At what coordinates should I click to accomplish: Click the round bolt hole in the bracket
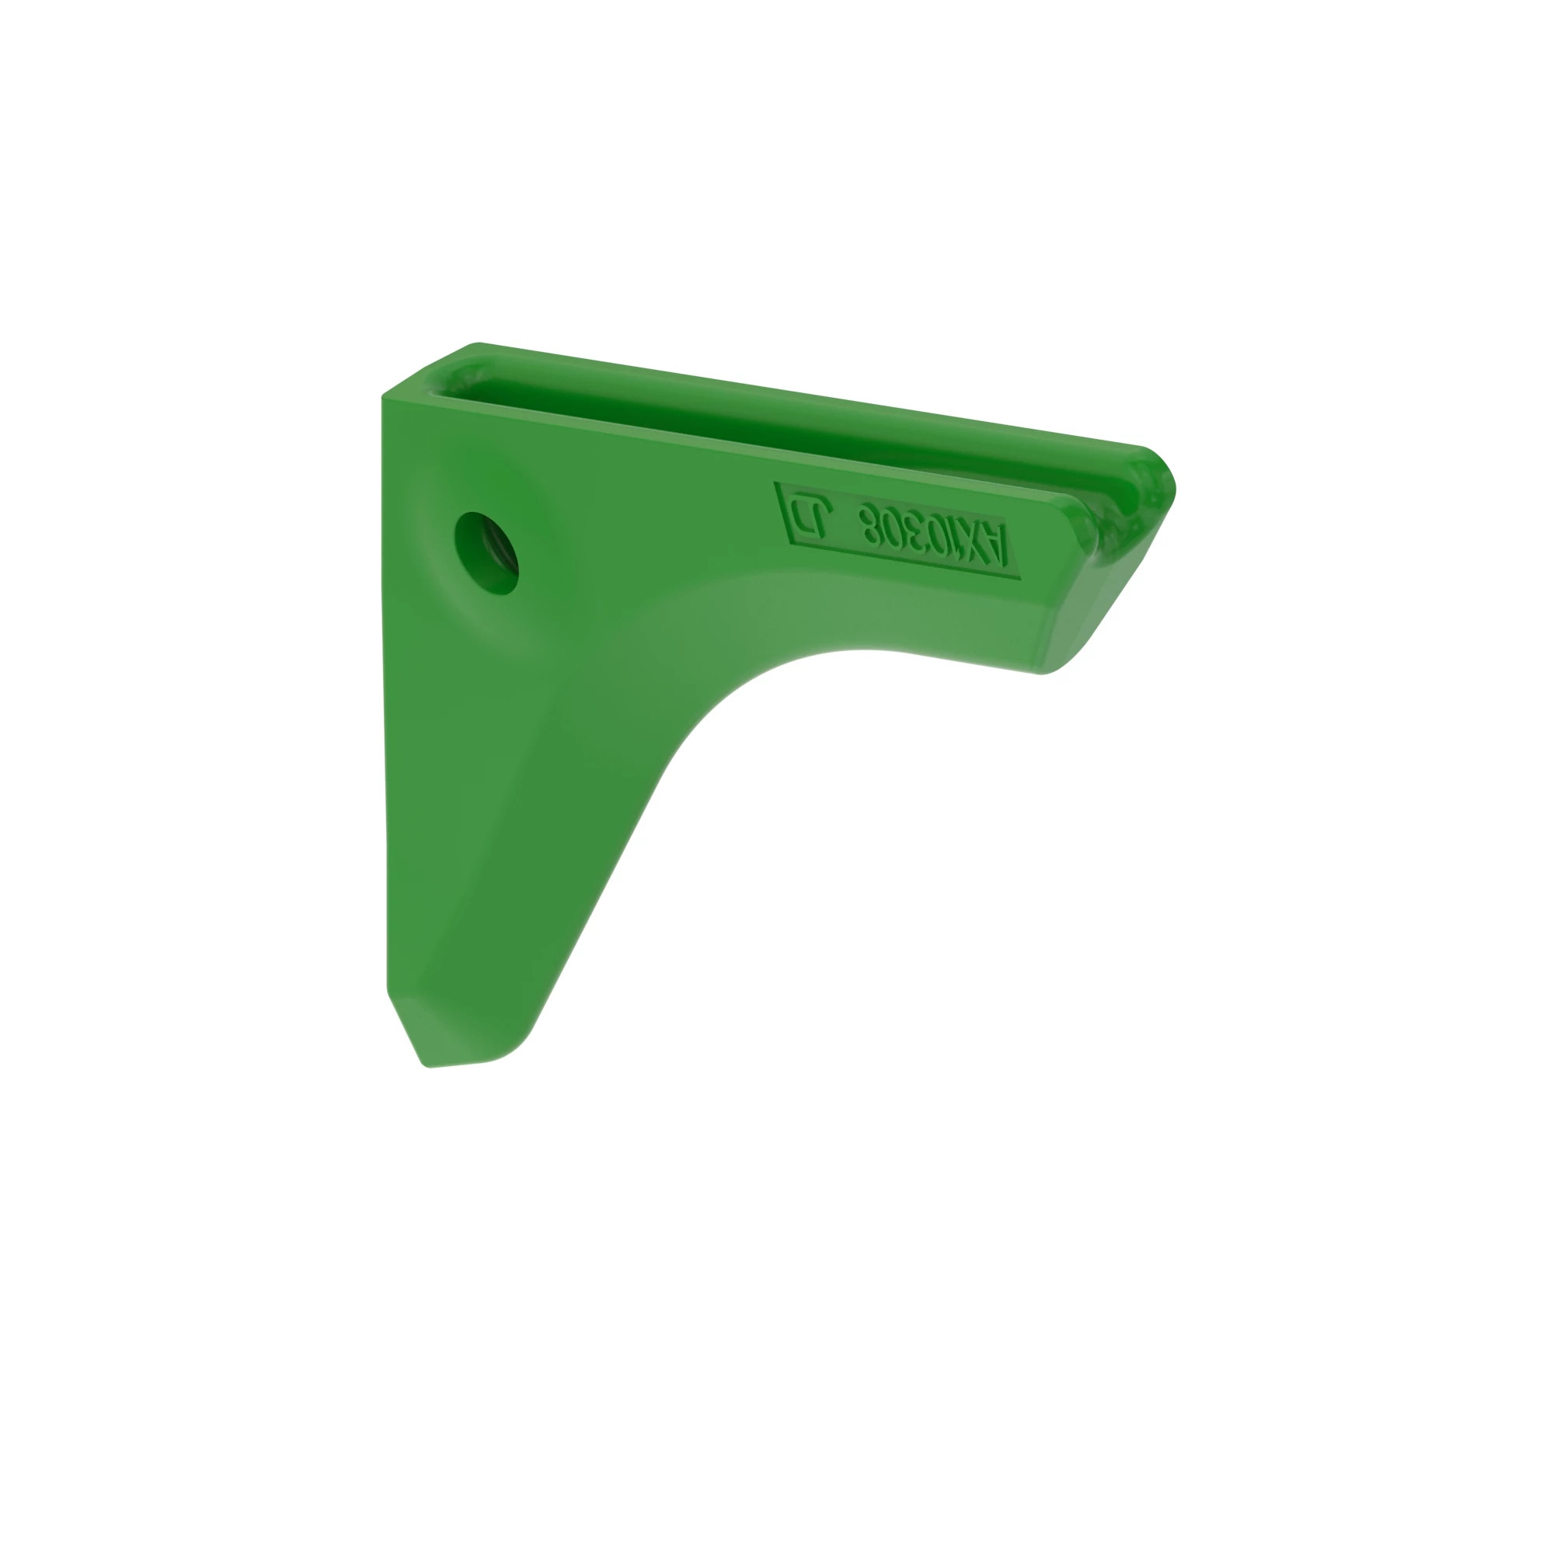pyautogui.click(x=486, y=553)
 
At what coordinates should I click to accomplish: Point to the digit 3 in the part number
pyautogui.click(x=912, y=531)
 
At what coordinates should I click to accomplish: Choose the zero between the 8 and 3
pyautogui.click(x=892, y=528)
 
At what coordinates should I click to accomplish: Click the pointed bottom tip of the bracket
pyautogui.click(x=427, y=1066)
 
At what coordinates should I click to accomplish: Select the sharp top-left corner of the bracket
pyautogui.click(x=382, y=395)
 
